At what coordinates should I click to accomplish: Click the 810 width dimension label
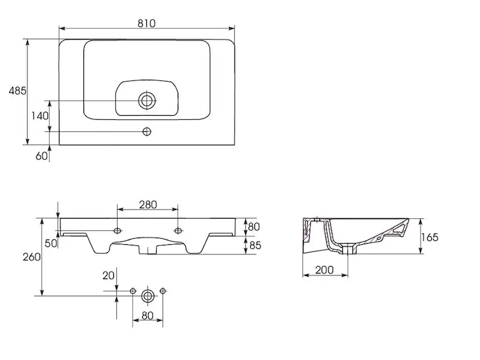pyautogui.click(x=146, y=23)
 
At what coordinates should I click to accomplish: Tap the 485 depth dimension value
pyautogui.click(x=17, y=91)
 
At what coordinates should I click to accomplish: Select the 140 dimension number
pyautogui.click(x=40, y=116)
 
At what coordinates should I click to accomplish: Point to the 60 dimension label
pyautogui.click(x=41, y=156)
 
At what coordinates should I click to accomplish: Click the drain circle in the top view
pyautogui.click(x=147, y=100)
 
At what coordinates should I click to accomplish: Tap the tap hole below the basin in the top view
pyautogui.click(x=147, y=131)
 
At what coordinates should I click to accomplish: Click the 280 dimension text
pyautogui.click(x=148, y=205)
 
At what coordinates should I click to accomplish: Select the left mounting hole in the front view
pyautogui.click(x=117, y=230)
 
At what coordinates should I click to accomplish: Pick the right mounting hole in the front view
pyautogui.click(x=178, y=230)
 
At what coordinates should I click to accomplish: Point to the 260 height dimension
pyautogui.click(x=32, y=257)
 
